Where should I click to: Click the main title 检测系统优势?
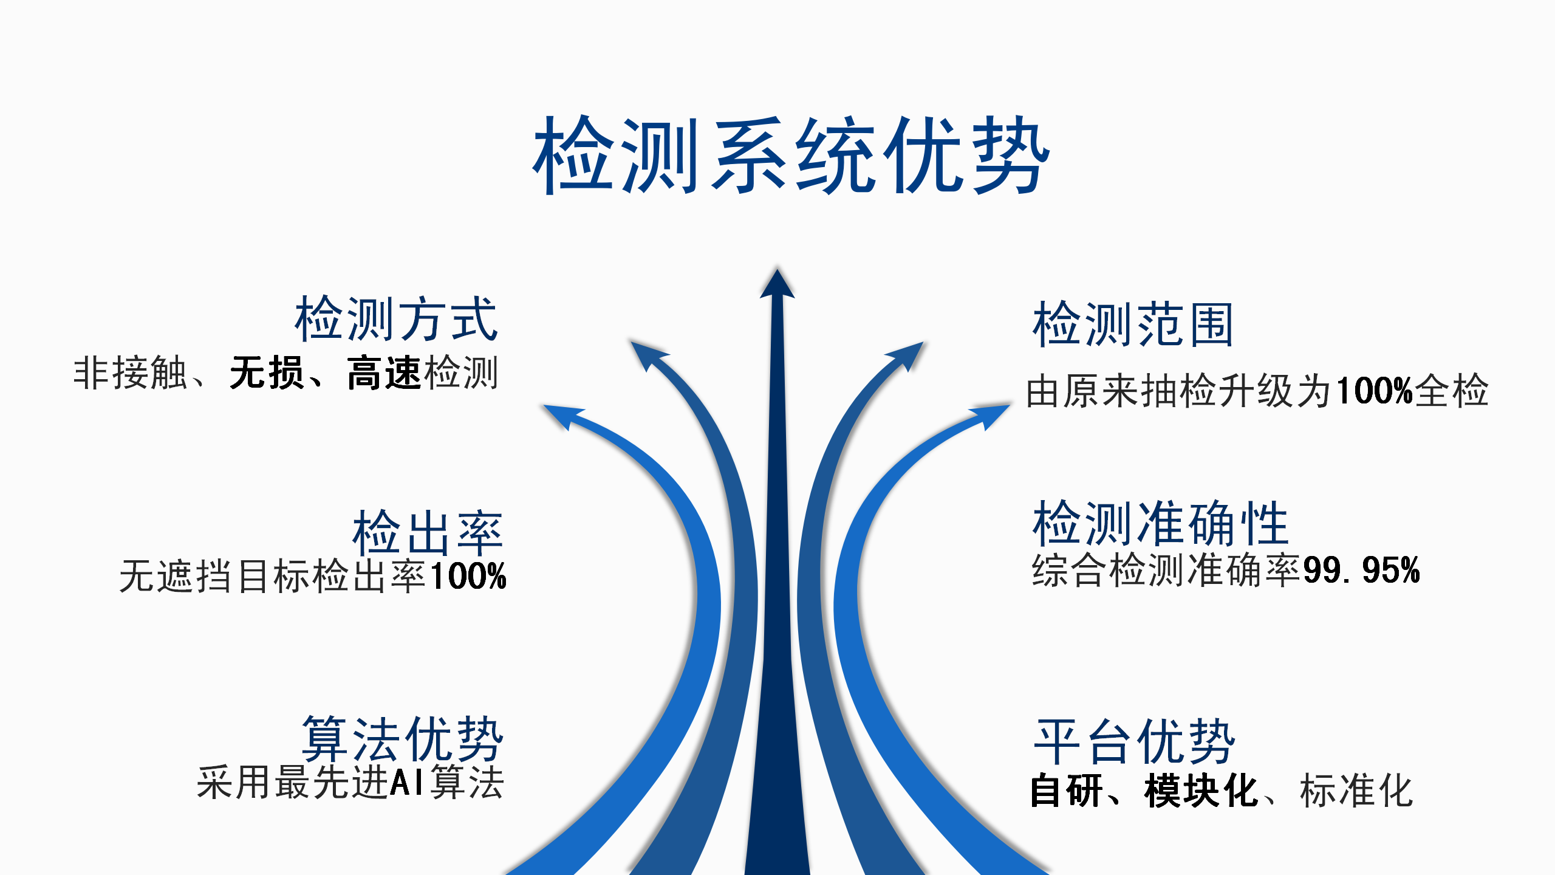791,155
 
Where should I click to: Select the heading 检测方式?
396,319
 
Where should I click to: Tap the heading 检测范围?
1133,324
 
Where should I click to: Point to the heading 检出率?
428,533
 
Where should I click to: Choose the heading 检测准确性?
1160,523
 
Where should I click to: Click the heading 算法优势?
403,739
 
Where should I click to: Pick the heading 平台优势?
1135,741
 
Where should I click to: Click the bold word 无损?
267,372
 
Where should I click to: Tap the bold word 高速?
384,372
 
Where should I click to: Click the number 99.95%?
1361,570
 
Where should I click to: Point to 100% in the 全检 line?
1375,390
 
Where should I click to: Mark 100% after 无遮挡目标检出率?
468,576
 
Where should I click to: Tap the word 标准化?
1356,791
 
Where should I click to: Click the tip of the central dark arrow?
777,269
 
